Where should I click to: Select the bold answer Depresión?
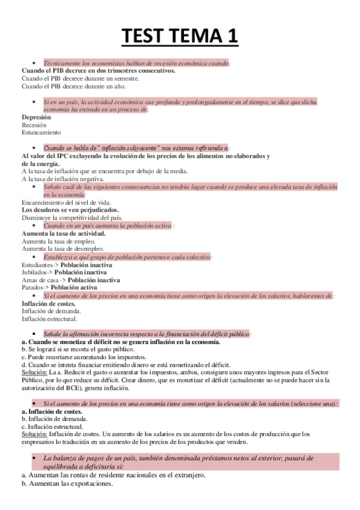(x=37, y=117)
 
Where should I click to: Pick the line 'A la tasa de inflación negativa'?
(x=63, y=179)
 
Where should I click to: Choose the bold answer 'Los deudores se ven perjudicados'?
(x=71, y=210)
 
